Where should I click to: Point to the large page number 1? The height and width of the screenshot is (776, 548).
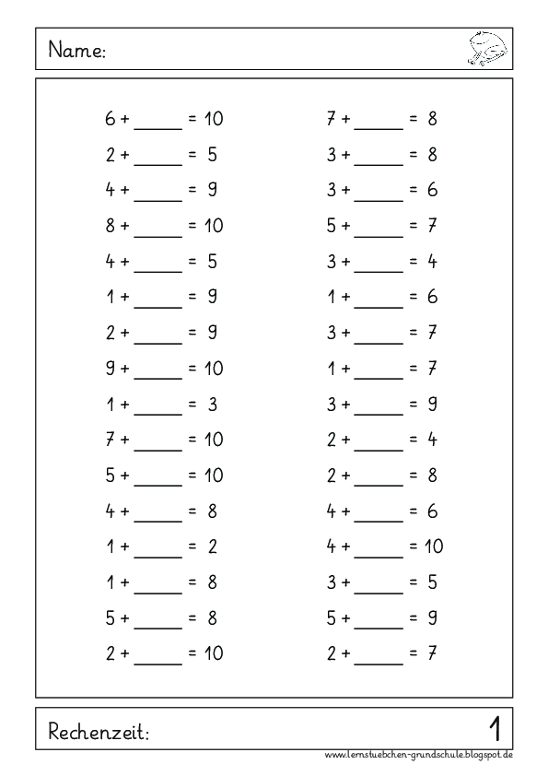[x=495, y=730]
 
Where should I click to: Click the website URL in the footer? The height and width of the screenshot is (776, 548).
[x=419, y=756]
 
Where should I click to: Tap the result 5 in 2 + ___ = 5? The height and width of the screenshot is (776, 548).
[x=212, y=155]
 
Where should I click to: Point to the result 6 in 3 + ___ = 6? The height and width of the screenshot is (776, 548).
[x=432, y=191]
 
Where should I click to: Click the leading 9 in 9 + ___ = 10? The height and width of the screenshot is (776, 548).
[x=111, y=369]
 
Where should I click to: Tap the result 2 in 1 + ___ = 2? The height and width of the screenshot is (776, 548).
[x=212, y=547]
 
